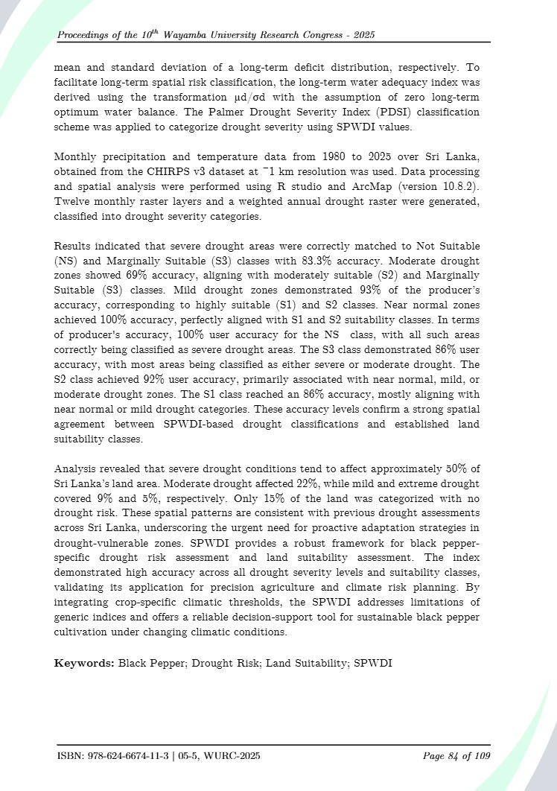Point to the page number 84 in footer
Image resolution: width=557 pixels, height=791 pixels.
pyautogui.click(x=453, y=756)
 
